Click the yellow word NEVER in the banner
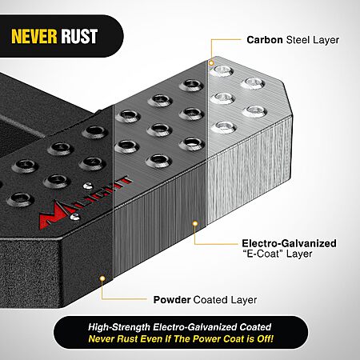click(x=34, y=36)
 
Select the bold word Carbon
click(x=265, y=40)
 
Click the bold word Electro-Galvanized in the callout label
click(x=289, y=243)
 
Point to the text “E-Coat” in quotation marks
click(x=262, y=254)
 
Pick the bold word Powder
click(x=172, y=300)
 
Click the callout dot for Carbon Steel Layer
click(x=211, y=63)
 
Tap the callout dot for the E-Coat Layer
click(x=195, y=223)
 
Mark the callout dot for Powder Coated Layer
click(x=102, y=279)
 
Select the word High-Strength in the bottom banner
click(x=119, y=327)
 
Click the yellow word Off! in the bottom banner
click(x=265, y=338)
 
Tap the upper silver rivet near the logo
click(x=88, y=186)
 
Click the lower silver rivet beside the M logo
click(x=74, y=217)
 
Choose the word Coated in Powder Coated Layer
click(x=210, y=300)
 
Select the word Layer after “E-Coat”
click(x=299, y=254)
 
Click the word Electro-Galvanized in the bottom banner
click(x=195, y=327)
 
